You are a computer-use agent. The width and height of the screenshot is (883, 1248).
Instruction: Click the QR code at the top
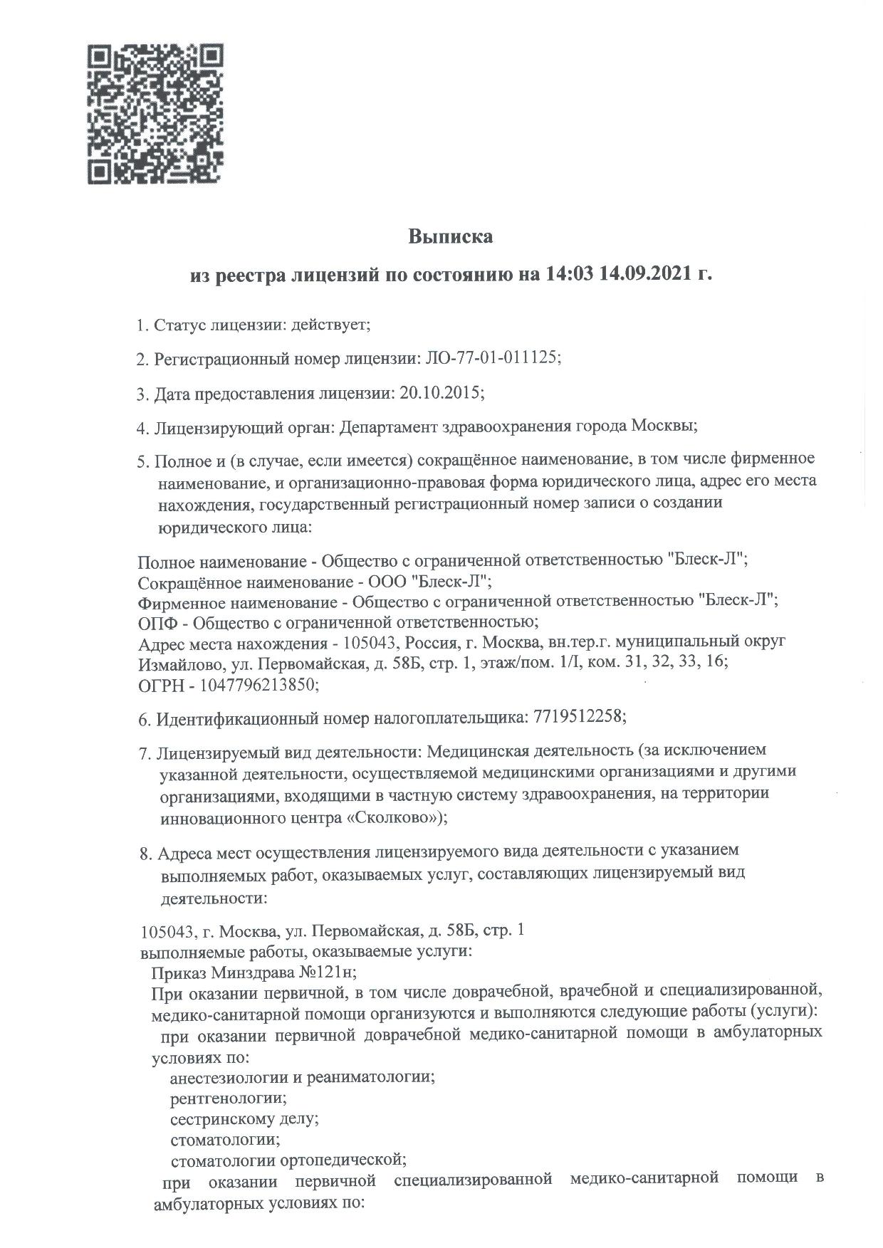[x=155, y=115]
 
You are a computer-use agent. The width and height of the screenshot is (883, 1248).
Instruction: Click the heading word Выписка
[x=450, y=237]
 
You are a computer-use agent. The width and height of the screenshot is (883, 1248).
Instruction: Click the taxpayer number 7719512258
[x=577, y=718]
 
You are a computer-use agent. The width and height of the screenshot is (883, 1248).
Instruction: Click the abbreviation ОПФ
[x=156, y=622]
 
